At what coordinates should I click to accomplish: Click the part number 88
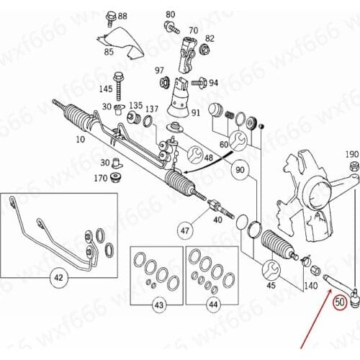click(122, 16)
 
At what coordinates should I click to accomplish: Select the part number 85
click(109, 52)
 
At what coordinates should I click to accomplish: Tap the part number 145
click(106, 89)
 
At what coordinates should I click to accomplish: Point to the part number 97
click(160, 70)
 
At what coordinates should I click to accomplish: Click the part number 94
click(213, 83)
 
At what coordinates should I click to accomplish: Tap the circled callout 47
click(185, 230)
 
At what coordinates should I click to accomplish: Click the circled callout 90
click(239, 170)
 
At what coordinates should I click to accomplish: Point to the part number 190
click(351, 155)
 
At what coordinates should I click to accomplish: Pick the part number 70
click(193, 30)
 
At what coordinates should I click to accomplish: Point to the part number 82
click(210, 38)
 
